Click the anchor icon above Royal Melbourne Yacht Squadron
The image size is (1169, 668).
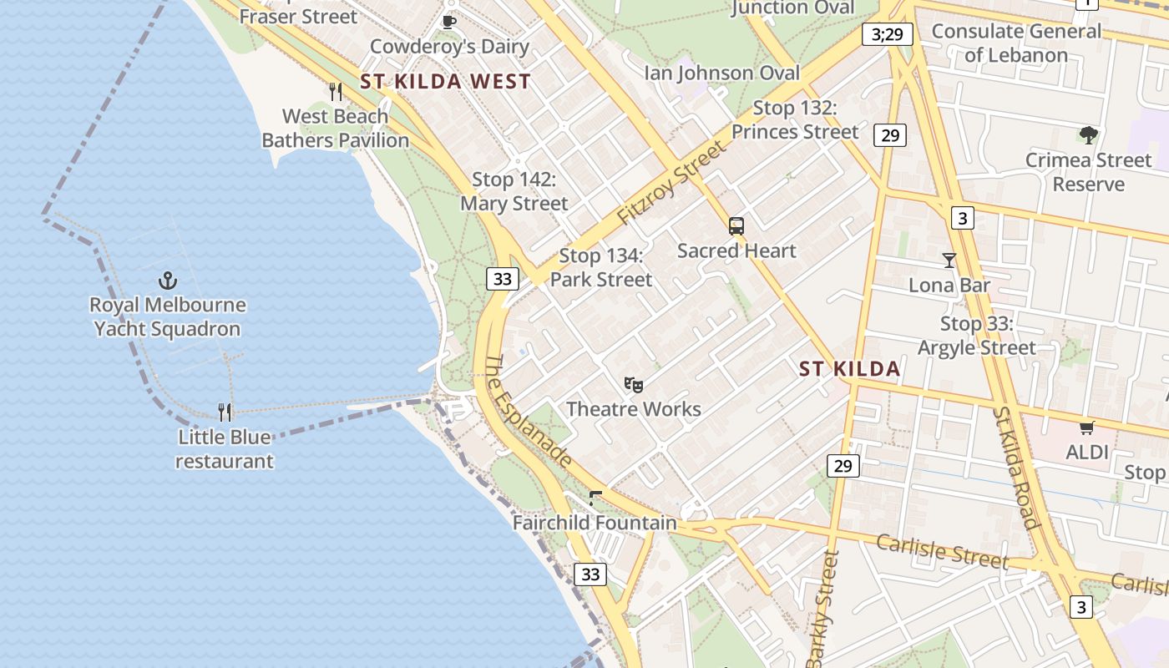point(168,281)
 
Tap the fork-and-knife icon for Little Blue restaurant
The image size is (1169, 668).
point(225,412)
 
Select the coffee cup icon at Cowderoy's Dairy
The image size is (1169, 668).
point(448,22)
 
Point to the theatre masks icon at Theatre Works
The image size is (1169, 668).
point(634,385)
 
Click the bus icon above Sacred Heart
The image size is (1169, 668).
point(736,225)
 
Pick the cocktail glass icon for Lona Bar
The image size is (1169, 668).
point(949,261)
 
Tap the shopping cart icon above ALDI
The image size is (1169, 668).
point(1086,428)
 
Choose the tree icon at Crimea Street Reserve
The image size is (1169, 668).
point(1088,134)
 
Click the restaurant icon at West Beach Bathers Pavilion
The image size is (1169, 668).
point(336,91)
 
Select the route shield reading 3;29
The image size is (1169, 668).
point(887,34)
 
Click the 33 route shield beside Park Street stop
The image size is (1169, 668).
point(502,279)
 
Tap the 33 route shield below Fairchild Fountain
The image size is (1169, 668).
point(590,574)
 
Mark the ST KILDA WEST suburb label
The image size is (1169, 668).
point(445,81)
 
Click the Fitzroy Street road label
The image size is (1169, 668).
point(671,183)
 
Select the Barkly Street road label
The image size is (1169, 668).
point(822,610)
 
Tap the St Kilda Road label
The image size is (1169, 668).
point(1015,468)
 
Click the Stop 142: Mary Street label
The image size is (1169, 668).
point(514,191)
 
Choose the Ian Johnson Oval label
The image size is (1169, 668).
point(721,73)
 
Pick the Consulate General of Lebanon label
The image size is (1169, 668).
point(1016,43)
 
